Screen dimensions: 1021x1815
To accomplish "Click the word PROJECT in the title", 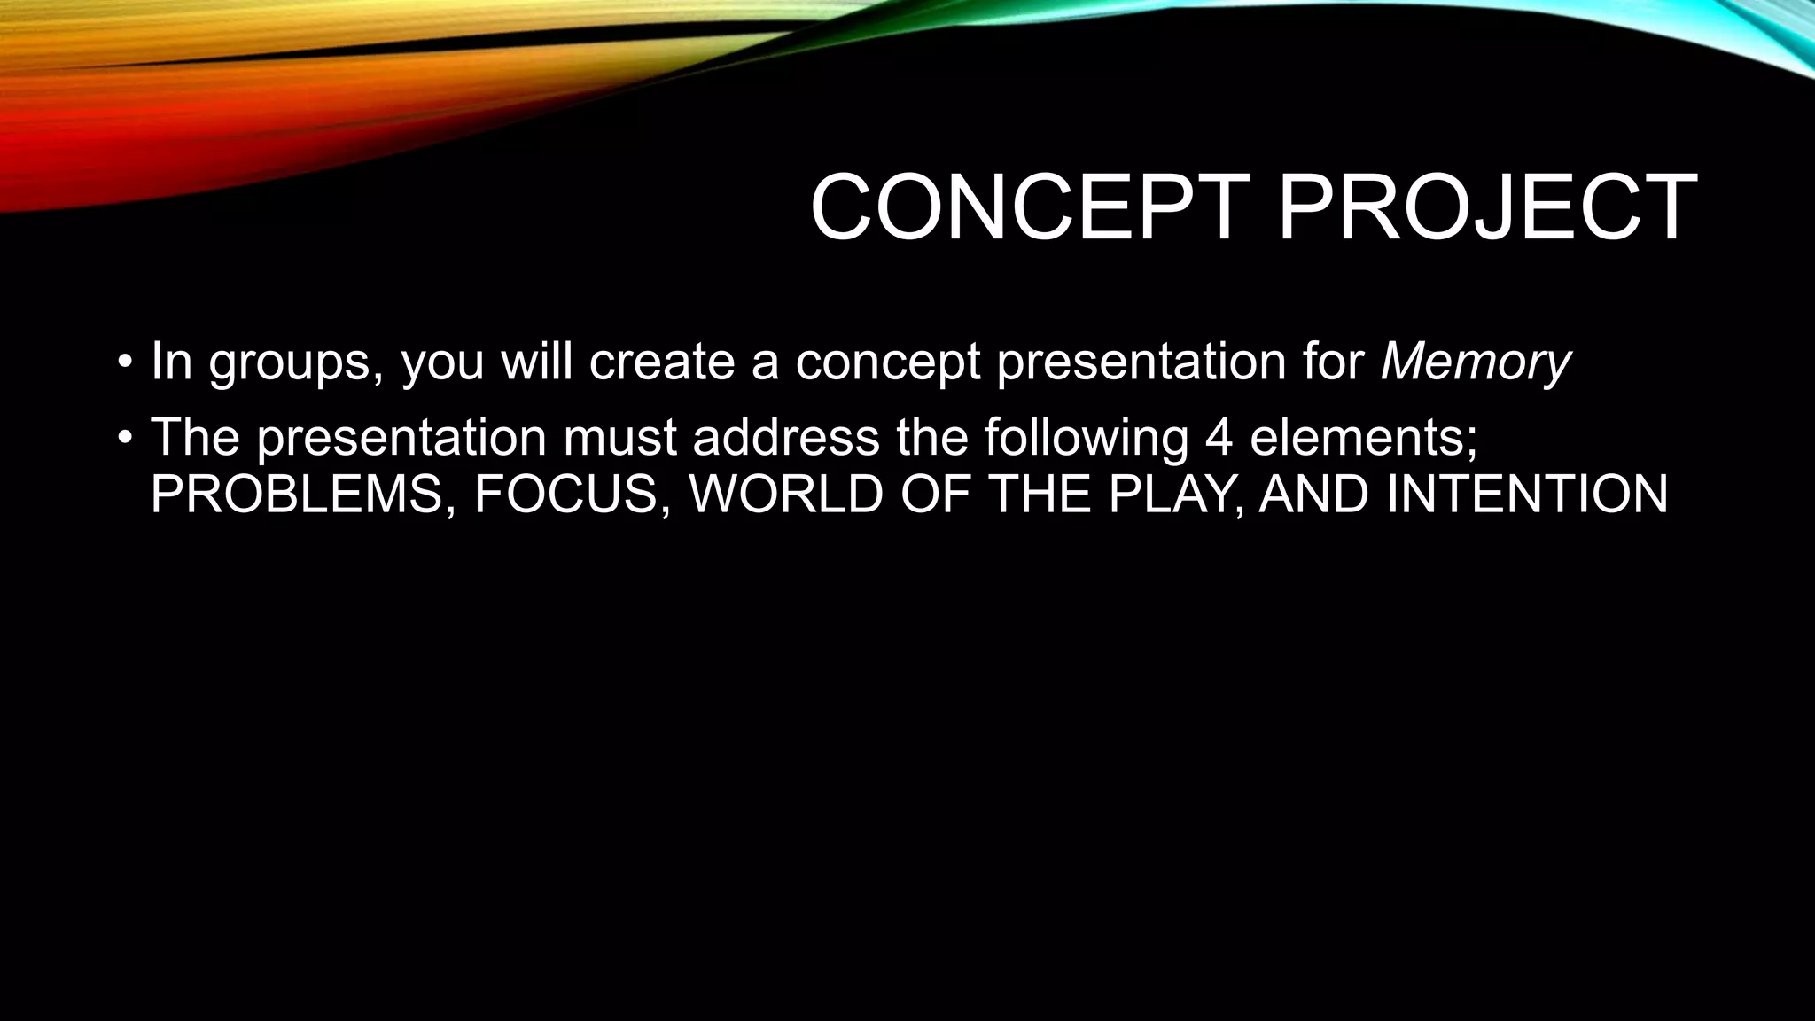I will coord(1486,208).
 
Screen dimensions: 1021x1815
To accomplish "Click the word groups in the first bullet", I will coord(289,363).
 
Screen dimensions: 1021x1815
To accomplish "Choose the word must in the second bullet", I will coord(619,438).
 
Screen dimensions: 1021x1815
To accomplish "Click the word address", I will coord(786,438).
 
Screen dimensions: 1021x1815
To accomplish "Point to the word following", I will coord(1087,440).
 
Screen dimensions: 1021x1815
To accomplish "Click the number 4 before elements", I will coord(1219,438).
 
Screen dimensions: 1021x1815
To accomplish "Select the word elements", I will coord(1364,438).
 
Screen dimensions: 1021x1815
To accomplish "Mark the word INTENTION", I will coord(1527,495).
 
